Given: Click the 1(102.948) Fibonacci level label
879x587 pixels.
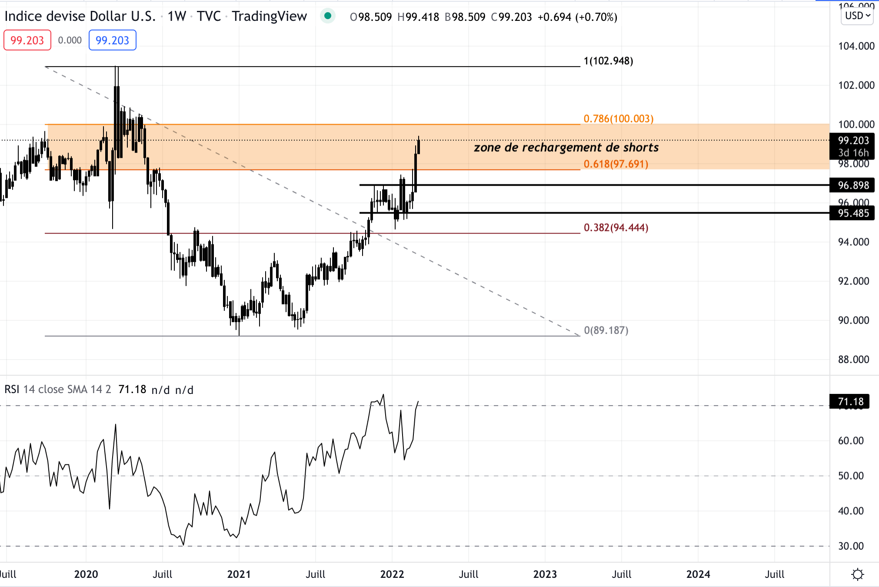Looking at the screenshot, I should point(608,61).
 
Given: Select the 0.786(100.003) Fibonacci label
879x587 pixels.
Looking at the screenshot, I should point(618,119).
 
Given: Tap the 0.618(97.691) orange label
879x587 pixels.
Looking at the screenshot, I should point(616,164).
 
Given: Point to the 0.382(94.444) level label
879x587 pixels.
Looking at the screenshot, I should point(616,227).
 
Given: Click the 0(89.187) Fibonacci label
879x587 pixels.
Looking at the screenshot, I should point(606,330).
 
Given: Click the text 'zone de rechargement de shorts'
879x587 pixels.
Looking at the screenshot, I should point(566,147).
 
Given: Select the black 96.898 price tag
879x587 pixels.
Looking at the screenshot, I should point(853,185).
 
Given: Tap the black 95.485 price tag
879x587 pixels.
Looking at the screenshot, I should point(853,213).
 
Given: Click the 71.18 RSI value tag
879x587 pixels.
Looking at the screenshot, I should point(850,401).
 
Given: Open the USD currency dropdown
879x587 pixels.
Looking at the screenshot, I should point(857,16).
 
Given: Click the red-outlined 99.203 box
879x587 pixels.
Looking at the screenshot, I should point(27,40).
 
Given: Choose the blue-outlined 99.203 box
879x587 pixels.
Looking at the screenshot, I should point(112,40).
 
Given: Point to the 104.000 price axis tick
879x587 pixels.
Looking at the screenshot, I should point(856,46).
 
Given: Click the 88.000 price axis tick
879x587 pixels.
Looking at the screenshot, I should point(853,360).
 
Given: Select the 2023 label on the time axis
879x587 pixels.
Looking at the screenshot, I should point(545,574).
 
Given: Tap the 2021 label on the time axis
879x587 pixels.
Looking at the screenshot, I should point(239,574).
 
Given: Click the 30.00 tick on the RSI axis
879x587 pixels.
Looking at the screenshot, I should point(851,546).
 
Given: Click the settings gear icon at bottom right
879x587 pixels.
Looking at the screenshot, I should point(857,574).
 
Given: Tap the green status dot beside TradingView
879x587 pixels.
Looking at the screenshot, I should point(328,16).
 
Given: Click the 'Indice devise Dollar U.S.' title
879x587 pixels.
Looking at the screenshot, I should point(80,16).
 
